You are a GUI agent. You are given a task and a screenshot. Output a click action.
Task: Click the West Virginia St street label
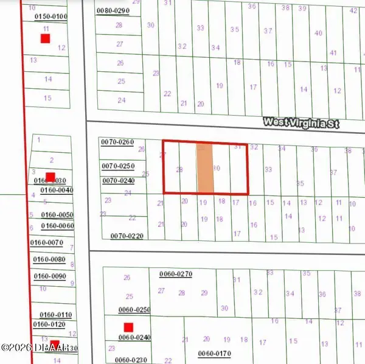[301, 122]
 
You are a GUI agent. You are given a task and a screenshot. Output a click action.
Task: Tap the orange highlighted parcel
[205, 169]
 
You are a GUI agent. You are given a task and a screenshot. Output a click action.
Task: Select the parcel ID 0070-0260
[117, 142]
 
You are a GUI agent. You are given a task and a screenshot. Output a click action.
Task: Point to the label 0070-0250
[117, 166]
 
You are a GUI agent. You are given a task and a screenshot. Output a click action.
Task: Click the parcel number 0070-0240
[117, 180]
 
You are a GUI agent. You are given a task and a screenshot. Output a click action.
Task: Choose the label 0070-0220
[127, 236]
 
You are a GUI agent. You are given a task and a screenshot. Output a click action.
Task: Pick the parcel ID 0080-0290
[113, 11]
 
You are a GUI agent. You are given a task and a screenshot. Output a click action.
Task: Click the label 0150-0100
[51, 17]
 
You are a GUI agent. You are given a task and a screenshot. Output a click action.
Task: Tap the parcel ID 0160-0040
[57, 190]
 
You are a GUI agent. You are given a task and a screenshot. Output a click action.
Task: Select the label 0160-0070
[47, 243]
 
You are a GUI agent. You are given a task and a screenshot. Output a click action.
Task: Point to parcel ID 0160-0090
[50, 276]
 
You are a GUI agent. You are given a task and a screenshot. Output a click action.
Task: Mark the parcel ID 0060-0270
[176, 274]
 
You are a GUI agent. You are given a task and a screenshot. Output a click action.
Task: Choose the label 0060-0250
[134, 310]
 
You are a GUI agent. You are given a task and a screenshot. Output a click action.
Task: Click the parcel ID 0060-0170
[215, 354]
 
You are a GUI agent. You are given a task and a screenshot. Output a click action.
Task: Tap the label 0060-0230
[134, 360]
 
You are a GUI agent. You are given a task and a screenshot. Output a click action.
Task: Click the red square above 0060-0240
[128, 327]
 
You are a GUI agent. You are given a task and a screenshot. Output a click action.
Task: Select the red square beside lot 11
[45, 38]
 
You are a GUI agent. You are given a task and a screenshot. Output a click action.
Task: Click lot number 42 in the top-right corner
[353, 10]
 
